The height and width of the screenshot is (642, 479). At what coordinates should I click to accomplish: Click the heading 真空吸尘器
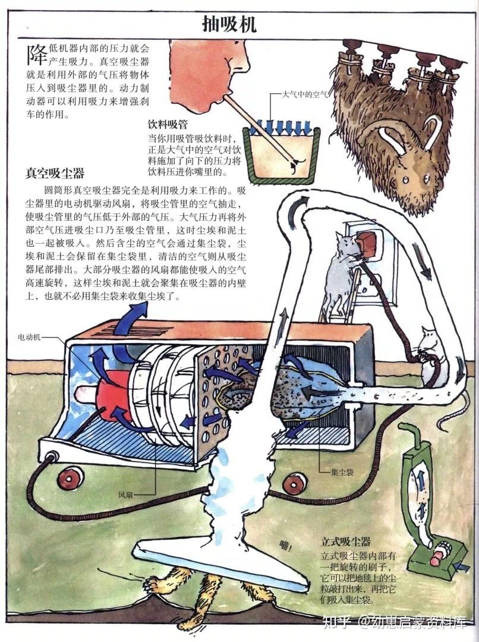[x=55, y=174]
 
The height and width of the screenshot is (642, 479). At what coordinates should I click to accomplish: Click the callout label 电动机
[x=29, y=337]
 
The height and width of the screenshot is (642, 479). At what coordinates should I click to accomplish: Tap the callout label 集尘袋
[x=343, y=474]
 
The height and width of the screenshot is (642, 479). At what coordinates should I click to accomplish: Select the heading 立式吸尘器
[x=346, y=542]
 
